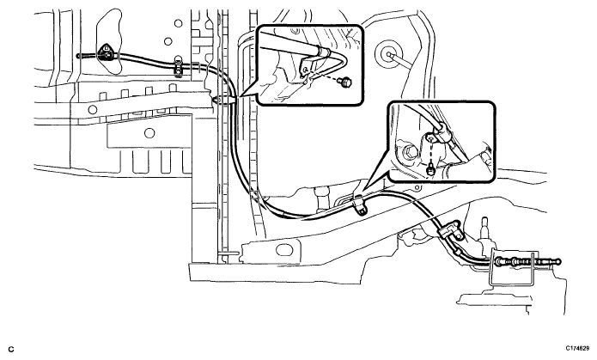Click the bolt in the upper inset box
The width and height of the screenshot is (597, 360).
coord(346,82)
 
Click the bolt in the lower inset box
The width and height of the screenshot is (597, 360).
coord(431,169)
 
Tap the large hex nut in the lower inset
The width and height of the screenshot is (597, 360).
coord(411,152)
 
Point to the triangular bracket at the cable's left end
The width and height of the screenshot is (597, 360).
coord(107,53)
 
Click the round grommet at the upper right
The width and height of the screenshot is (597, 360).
coord(388,54)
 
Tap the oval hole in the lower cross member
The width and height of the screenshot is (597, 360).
coord(283,250)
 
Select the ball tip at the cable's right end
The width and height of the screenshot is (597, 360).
coord(557,261)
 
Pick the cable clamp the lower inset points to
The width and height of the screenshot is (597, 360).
coord(359,203)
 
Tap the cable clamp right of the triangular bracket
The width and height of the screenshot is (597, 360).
coord(178,65)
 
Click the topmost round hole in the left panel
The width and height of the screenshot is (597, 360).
coord(178,23)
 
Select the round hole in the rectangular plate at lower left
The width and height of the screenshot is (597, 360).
coord(150,133)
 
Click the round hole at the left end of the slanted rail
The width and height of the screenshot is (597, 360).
coord(93,110)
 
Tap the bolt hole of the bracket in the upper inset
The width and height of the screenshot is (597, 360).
coord(305,70)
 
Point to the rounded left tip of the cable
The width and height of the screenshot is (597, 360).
coord(78,56)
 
